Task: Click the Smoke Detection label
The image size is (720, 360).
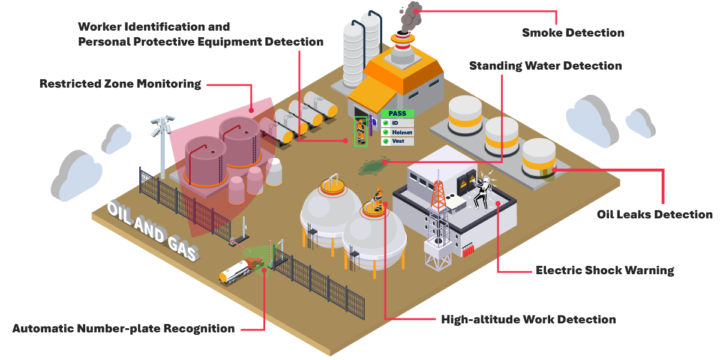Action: coord(572,32)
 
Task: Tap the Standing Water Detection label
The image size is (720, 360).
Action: coord(545,65)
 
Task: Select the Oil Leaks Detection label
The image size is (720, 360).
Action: coord(655,214)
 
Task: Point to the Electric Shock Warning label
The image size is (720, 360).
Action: coord(605,270)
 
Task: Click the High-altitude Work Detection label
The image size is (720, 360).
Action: coord(528,319)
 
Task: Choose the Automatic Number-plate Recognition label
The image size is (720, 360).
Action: coord(124,329)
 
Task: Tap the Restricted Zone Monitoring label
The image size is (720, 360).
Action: coord(120,84)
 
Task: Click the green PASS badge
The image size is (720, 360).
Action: coord(397,113)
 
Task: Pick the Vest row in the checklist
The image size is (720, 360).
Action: coord(397,141)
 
